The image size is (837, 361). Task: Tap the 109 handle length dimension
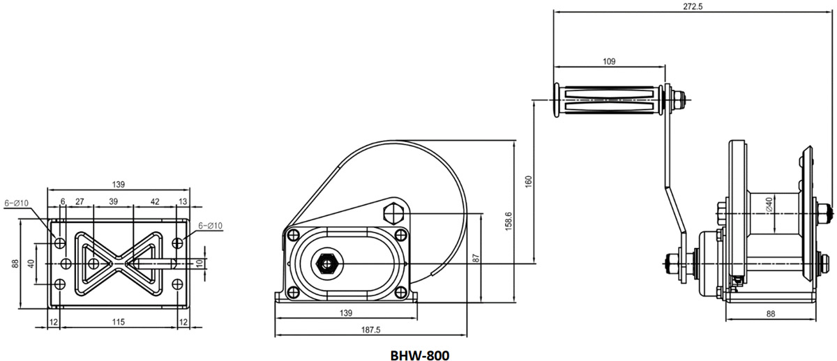pos(608,61)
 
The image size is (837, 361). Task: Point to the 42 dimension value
pos(155,201)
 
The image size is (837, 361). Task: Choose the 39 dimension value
pos(113,201)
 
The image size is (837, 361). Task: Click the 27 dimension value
pos(80,201)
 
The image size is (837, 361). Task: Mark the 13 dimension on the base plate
pos(183,201)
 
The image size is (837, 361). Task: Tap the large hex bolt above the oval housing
pos(394,212)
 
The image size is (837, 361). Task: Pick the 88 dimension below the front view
pos(770,314)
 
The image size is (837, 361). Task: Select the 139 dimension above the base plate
pos(118,184)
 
